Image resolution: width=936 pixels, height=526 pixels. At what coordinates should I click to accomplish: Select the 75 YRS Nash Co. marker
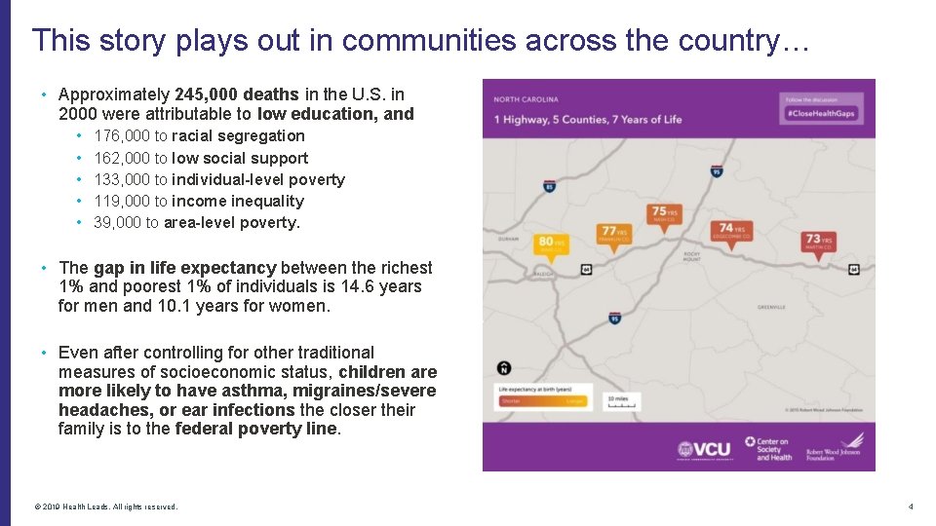(665, 213)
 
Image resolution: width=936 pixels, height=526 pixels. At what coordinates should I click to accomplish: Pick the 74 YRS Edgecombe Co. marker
(730, 231)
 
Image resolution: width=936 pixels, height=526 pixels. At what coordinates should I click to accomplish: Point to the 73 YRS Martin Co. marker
(818, 241)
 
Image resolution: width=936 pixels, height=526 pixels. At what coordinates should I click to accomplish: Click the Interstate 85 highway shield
(550, 186)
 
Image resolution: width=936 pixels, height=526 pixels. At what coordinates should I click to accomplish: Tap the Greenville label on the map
(771, 307)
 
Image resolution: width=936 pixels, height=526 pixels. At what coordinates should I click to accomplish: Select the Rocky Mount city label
(693, 258)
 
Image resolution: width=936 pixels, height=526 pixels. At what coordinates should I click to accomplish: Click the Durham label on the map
(508, 238)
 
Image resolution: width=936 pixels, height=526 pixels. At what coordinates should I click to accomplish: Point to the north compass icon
(503, 367)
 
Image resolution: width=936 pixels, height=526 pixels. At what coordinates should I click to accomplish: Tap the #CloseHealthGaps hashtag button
(821, 114)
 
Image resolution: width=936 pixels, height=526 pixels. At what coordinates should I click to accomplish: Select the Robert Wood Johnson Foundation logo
(835, 447)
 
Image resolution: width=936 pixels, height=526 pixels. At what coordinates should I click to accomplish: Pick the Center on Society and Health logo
(767, 449)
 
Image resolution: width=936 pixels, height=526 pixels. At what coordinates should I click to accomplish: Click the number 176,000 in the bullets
(122, 136)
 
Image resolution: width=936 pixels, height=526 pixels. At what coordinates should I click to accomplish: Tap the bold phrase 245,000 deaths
(237, 94)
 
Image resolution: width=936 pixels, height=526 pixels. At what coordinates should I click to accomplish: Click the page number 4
(910, 507)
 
